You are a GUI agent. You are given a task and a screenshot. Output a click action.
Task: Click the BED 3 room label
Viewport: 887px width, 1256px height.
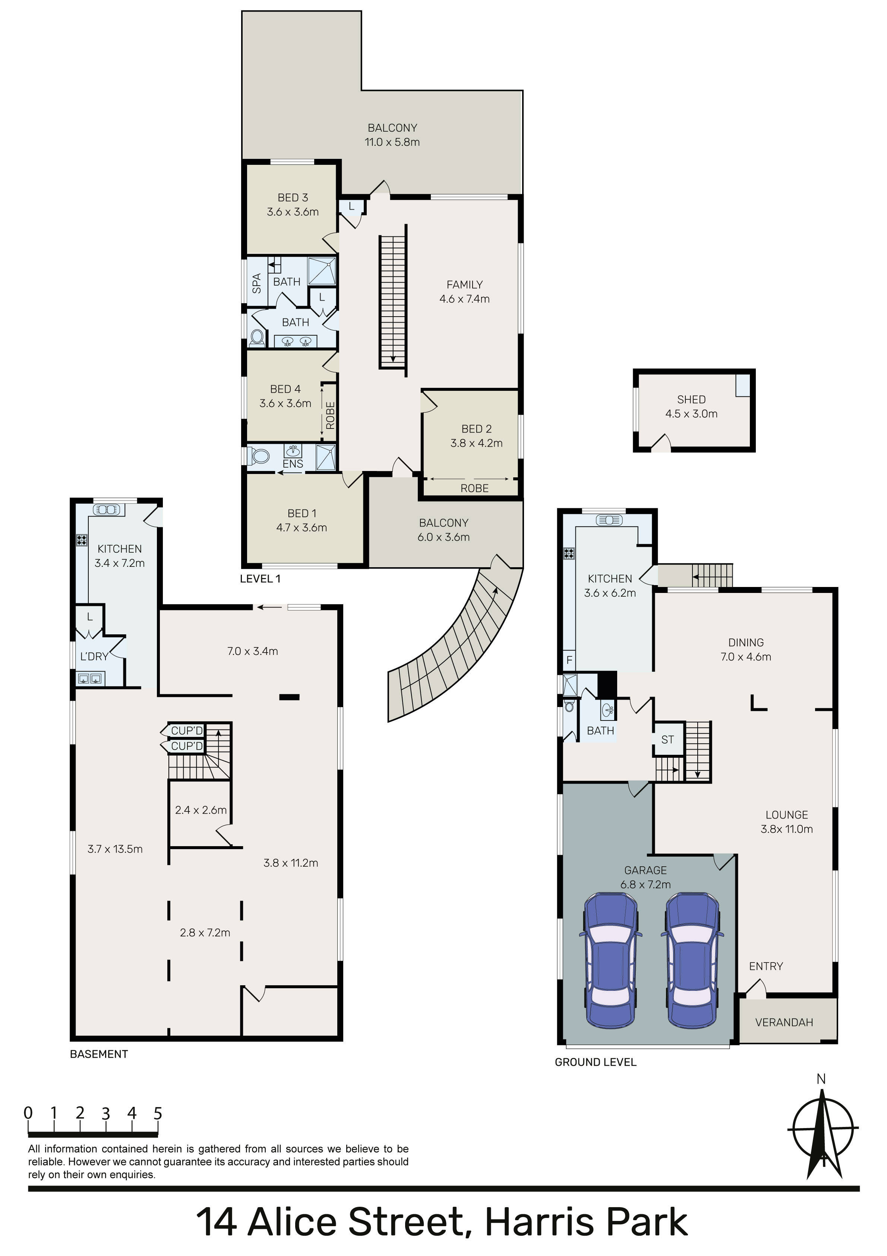pyautogui.click(x=293, y=198)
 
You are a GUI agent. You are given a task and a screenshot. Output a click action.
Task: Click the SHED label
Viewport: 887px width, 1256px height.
pyautogui.click(x=691, y=399)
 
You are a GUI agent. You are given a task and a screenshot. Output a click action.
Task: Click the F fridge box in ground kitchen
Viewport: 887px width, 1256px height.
pyautogui.click(x=569, y=660)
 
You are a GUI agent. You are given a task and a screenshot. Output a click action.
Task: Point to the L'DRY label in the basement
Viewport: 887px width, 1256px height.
pyautogui.click(x=94, y=656)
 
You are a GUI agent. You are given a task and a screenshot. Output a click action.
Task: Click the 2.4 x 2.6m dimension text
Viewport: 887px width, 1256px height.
pyautogui.click(x=201, y=810)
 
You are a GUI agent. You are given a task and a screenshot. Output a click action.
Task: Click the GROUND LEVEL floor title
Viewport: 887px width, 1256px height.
pyautogui.click(x=596, y=1062)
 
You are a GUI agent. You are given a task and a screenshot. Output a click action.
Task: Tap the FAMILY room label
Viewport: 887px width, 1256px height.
pyautogui.click(x=465, y=285)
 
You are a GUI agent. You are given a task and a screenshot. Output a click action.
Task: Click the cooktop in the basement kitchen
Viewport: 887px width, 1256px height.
pyautogui.click(x=82, y=540)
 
